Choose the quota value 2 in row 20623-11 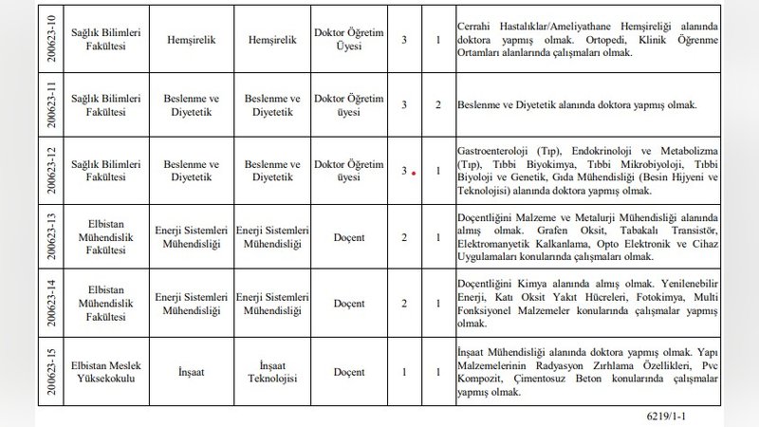click(x=438, y=104)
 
